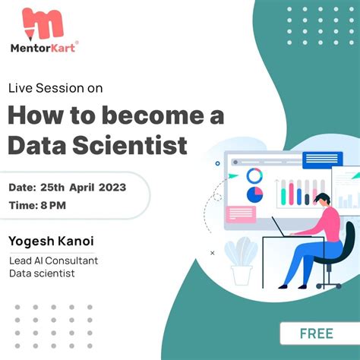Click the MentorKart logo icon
pos(43,24)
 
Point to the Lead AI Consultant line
pos(53,261)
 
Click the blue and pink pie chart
pos(255,194)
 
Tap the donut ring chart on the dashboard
pos(254,176)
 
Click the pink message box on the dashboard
pos(241,214)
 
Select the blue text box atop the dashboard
pos(322,160)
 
